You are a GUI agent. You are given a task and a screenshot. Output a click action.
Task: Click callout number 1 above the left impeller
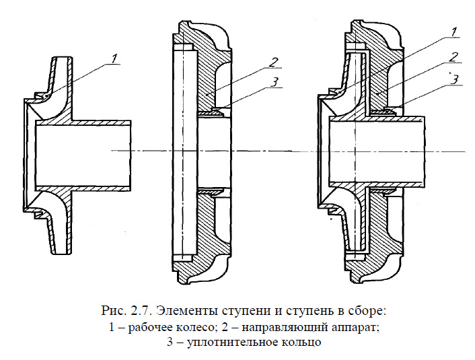(115, 58)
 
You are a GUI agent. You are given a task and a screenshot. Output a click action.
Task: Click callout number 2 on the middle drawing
(274, 63)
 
